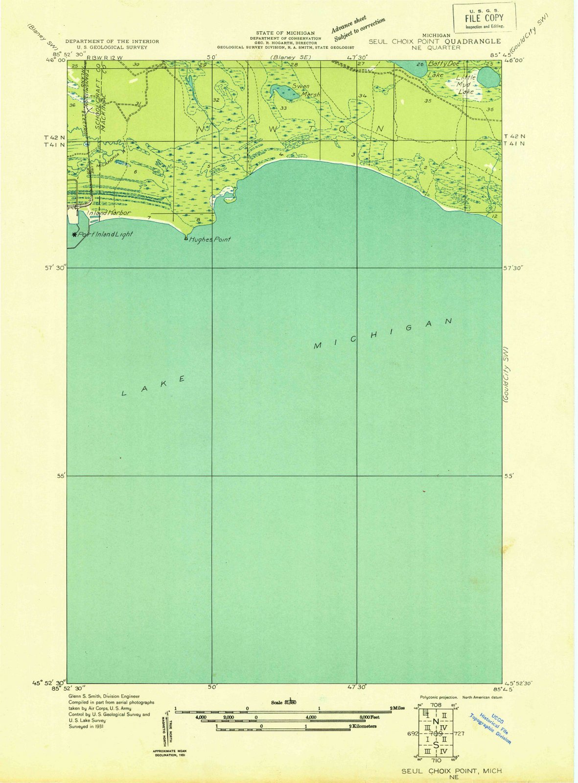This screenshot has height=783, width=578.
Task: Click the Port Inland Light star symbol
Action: (74, 234)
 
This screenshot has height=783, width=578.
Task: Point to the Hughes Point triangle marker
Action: (185, 238)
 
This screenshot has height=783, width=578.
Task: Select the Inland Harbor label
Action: (109, 213)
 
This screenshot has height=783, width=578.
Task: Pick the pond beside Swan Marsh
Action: (282, 91)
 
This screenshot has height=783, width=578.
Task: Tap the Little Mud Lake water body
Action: (488, 76)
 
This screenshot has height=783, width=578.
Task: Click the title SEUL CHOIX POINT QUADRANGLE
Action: (435, 42)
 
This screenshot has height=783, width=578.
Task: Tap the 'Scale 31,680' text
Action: (283, 703)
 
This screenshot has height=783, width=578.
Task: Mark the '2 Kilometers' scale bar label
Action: (363, 727)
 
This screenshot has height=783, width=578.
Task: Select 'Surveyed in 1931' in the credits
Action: (86, 726)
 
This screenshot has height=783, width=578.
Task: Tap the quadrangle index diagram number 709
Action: (436, 734)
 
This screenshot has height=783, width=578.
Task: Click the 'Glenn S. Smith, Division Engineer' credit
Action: (104, 696)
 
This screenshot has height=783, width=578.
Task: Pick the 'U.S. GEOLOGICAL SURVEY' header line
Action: (112, 47)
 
